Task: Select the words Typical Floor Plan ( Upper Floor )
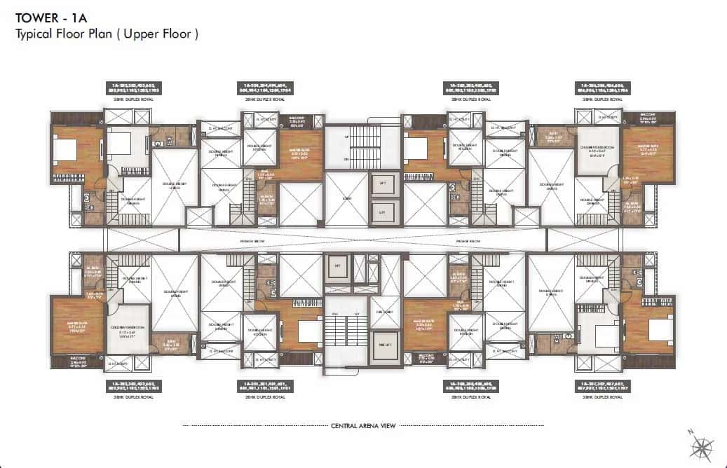107,34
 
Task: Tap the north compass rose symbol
702,446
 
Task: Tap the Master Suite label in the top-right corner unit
647,147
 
